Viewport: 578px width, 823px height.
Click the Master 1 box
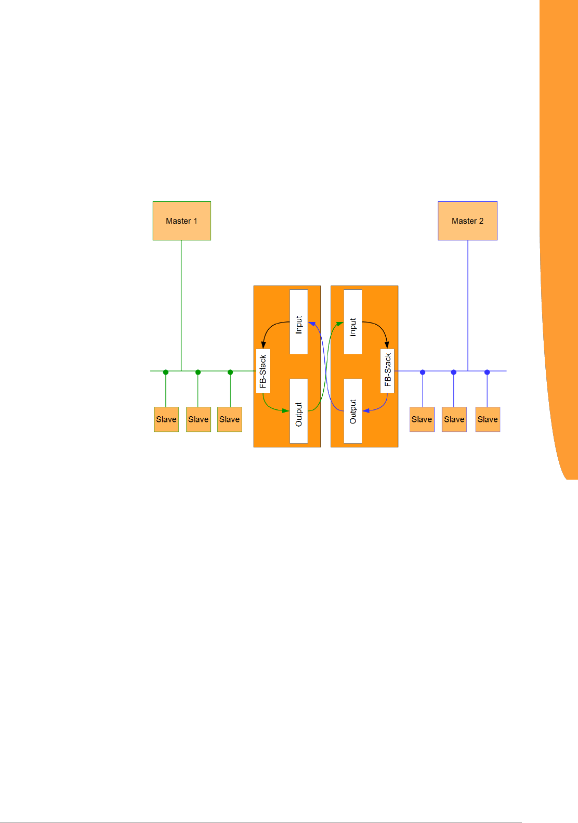(x=181, y=221)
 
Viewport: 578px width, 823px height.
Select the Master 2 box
(x=467, y=221)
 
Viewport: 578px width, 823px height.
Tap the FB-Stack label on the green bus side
(x=263, y=371)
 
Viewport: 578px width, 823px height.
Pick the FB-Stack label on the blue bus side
(x=387, y=371)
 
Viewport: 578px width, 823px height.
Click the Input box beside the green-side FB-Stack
(x=298, y=322)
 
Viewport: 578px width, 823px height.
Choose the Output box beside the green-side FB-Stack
(x=298, y=411)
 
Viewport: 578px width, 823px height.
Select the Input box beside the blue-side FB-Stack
(x=353, y=322)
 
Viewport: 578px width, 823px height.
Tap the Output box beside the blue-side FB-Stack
(x=353, y=411)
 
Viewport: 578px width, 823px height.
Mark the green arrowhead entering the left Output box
(x=285, y=411)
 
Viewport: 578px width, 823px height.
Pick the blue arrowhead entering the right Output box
(x=366, y=411)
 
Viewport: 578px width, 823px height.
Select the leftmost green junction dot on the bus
(x=166, y=372)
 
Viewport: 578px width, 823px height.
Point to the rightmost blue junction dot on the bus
(x=487, y=372)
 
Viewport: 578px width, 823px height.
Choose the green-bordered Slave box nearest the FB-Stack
(x=230, y=419)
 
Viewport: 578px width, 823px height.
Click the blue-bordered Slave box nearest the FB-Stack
(x=422, y=419)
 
